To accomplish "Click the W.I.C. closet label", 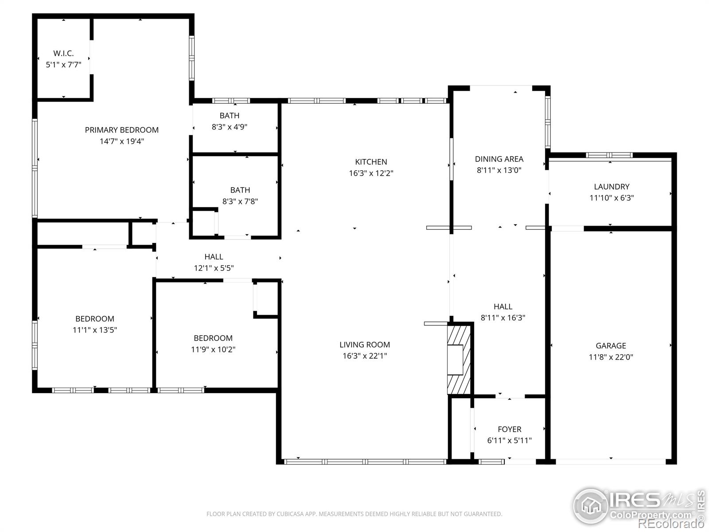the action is (x=63, y=53).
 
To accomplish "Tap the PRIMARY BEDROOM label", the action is (x=122, y=130).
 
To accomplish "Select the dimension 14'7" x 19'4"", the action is (x=122, y=141).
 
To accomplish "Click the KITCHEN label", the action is (x=371, y=162).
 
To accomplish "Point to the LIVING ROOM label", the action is (x=365, y=344).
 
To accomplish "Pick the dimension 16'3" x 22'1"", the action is (x=365, y=356).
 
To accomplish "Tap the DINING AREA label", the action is (x=499, y=159).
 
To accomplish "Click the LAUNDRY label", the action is (x=612, y=187).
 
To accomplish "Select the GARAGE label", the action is (x=611, y=346).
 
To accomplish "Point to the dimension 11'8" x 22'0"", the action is (x=611, y=357).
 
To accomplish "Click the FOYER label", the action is (x=510, y=429).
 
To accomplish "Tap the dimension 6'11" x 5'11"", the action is (x=510, y=440).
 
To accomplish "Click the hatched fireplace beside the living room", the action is (x=459, y=360).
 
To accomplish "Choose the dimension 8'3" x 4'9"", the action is (x=230, y=127).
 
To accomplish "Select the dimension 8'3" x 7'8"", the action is (x=240, y=201).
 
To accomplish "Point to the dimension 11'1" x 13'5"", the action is (x=95, y=330).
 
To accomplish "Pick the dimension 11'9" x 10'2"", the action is (x=213, y=349).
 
